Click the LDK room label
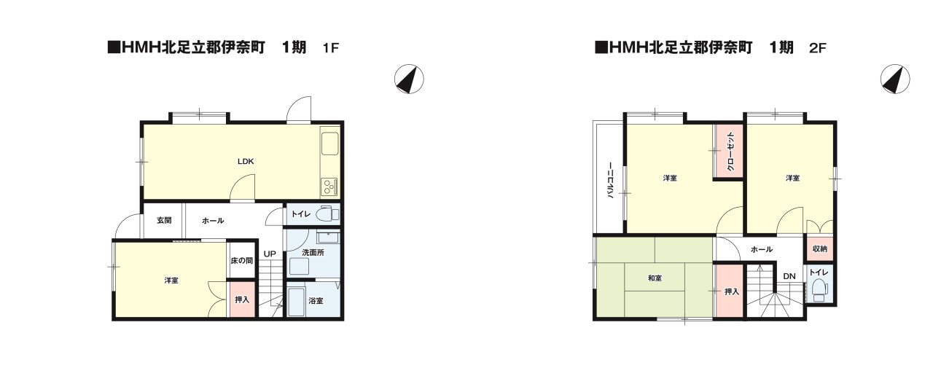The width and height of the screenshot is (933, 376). pyautogui.click(x=246, y=161)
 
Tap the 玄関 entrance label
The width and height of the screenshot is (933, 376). pyautogui.click(x=164, y=220)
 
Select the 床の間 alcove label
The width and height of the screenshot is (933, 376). pyautogui.click(x=241, y=261)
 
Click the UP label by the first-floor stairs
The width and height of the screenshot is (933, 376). pyautogui.click(x=270, y=254)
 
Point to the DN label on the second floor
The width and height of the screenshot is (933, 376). pyautogui.click(x=789, y=276)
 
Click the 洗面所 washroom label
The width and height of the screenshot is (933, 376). pyautogui.click(x=313, y=252)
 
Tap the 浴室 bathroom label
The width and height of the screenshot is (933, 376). pyautogui.click(x=316, y=301)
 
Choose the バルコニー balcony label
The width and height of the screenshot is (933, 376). pyautogui.click(x=610, y=180)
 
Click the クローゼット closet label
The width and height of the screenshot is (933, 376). pyautogui.click(x=730, y=152)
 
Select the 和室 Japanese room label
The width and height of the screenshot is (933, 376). pyautogui.click(x=655, y=278)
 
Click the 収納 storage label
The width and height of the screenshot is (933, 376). pyautogui.click(x=820, y=248)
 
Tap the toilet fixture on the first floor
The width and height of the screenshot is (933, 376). pyautogui.click(x=327, y=214)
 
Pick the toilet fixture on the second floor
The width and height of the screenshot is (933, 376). pyautogui.click(x=819, y=290)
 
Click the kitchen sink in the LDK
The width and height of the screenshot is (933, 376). pyautogui.click(x=330, y=144)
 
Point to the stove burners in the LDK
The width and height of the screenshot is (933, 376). pyautogui.click(x=329, y=187)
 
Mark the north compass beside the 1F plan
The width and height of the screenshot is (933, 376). pyautogui.click(x=409, y=79)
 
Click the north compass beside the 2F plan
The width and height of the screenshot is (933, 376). pyautogui.click(x=895, y=79)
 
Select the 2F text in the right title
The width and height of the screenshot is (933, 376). pyautogui.click(x=817, y=48)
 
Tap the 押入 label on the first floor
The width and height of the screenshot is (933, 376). pyautogui.click(x=241, y=299)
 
